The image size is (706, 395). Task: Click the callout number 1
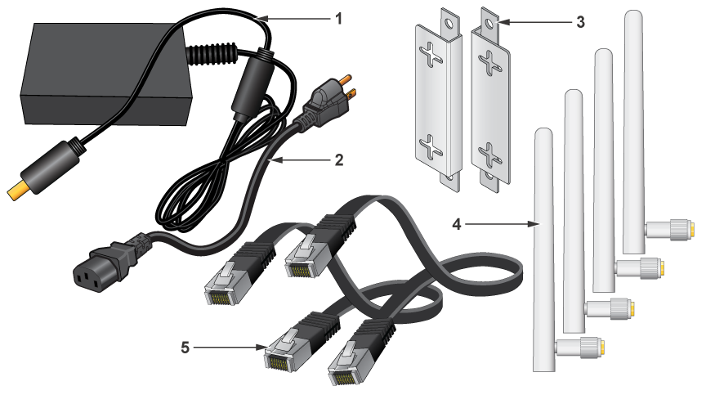[338, 19]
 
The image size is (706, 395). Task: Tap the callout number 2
[339, 160]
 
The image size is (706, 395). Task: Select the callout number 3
[580, 21]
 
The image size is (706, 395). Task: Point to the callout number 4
[457, 224]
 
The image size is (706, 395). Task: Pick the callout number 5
[185, 348]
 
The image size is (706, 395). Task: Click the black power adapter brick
[105, 74]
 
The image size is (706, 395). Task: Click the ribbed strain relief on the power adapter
[212, 53]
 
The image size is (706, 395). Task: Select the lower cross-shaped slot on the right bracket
[489, 155]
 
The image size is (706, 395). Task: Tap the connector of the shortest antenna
[580, 348]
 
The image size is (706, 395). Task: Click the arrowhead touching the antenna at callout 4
[534, 223]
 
